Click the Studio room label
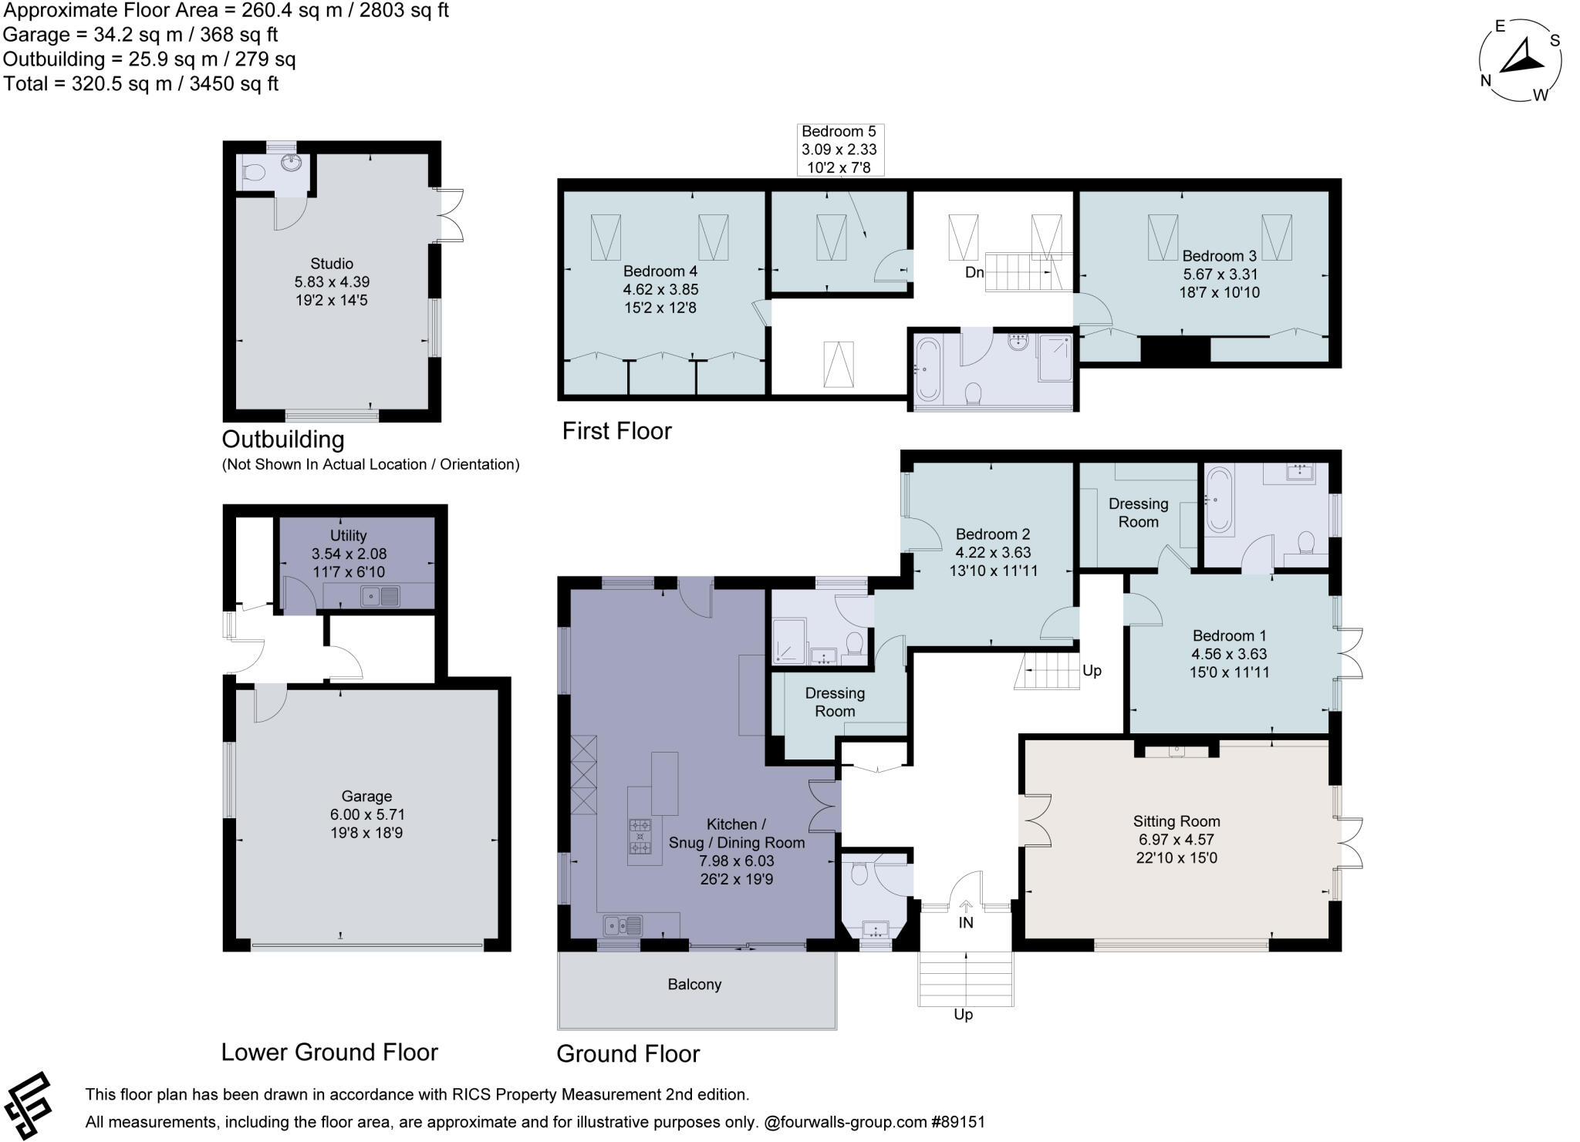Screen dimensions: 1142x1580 pyautogui.click(x=332, y=264)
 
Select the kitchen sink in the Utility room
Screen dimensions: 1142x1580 pyautogui.click(x=382, y=596)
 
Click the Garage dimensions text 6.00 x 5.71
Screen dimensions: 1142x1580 pyautogui.click(x=367, y=814)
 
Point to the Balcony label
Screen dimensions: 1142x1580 pyautogui.click(x=694, y=985)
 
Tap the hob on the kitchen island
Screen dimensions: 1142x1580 pyautogui.click(x=640, y=836)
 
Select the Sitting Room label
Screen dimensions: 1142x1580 pyautogui.click(x=1177, y=821)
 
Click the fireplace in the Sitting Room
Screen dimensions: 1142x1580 pyautogui.click(x=1177, y=750)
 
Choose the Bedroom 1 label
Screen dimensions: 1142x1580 pyautogui.click(x=1229, y=635)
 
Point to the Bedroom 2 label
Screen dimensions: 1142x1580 pyautogui.click(x=992, y=534)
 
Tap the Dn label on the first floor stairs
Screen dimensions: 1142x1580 pyautogui.click(x=974, y=272)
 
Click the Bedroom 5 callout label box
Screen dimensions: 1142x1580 pyautogui.click(x=839, y=150)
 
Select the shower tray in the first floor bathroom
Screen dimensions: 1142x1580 pyautogui.click(x=1055, y=358)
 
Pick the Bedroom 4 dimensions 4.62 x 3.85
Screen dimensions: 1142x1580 pyautogui.click(x=660, y=290)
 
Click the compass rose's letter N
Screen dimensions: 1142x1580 pyautogui.click(x=1485, y=80)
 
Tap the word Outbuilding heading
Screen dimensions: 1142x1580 pyautogui.click(x=283, y=440)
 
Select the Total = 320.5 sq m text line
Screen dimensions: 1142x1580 pyautogui.click(x=141, y=83)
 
